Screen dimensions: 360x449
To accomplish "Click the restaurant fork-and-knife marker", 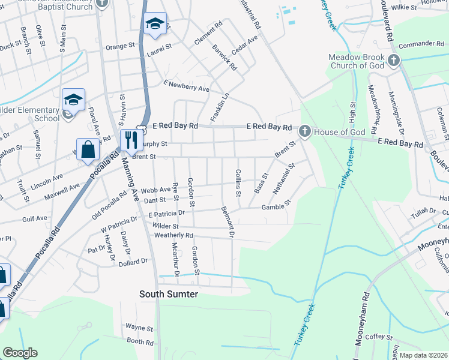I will [x=130, y=140].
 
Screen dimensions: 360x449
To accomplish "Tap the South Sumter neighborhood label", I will [x=168, y=294].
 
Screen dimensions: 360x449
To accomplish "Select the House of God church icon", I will [x=304, y=130].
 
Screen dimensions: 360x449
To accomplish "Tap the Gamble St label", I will [x=276, y=206].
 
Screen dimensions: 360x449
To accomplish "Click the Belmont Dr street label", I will [x=228, y=222].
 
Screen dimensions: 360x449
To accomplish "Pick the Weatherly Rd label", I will [x=173, y=235].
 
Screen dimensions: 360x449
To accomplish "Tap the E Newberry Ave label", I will [x=185, y=86].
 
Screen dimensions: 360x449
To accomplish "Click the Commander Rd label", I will [x=420, y=44].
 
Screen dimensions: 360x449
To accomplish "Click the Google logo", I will [x=20, y=353].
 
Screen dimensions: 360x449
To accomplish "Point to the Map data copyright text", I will [x=424, y=355].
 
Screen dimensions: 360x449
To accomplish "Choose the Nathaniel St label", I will [x=283, y=178].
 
